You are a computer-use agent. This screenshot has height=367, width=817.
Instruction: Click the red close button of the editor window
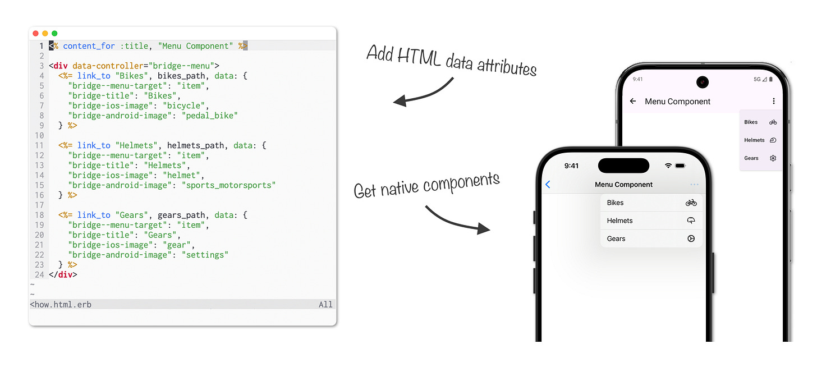(x=36, y=34)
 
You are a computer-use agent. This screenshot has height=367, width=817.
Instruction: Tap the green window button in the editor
(x=54, y=34)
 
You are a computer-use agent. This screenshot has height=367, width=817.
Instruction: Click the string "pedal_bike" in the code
(x=210, y=116)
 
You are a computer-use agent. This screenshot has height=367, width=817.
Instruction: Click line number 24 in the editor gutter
(x=39, y=274)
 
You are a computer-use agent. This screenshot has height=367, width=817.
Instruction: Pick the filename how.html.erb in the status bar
(x=61, y=305)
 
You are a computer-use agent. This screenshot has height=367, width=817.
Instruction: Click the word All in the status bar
(x=325, y=305)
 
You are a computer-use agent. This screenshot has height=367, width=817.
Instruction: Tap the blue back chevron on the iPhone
(x=548, y=185)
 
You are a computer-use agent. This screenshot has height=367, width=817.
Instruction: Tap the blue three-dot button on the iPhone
(x=695, y=185)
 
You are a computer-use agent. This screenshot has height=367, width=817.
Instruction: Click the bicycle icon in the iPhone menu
(x=691, y=203)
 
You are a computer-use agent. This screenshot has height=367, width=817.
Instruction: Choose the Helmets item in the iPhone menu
(x=620, y=221)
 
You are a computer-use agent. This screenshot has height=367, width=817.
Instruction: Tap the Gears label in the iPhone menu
(x=616, y=238)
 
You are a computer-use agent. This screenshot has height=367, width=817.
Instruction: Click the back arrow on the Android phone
(x=634, y=102)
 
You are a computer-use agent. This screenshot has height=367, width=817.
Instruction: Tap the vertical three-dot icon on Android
(x=774, y=102)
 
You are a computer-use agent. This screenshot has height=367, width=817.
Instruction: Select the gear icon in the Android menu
(x=773, y=158)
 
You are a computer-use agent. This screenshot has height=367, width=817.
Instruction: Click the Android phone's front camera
(x=703, y=82)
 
